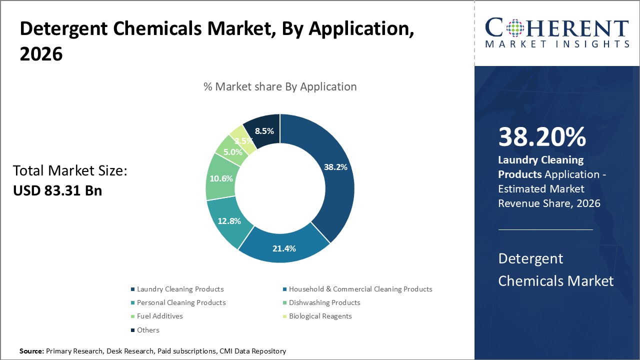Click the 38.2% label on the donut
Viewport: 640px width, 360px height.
[x=335, y=167]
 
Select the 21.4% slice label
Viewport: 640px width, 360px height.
[x=284, y=248]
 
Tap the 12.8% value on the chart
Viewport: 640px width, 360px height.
[x=229, y=220]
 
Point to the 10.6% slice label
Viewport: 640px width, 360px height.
[x=220, y=178]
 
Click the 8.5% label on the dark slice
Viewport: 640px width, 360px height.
[x=264, y=131]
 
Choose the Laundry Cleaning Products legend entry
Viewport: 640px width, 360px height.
[x=180, y=289]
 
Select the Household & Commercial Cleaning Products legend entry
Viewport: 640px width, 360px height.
[x=360, y=289]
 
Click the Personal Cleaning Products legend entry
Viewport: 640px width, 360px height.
[x=181, y=302]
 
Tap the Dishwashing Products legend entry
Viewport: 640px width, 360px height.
[x=324, y=302]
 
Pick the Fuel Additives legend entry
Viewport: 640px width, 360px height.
[x=159, y=316]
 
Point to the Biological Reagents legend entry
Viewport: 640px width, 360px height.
[x=320, y=316]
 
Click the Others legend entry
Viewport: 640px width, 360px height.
[x=148, y=330]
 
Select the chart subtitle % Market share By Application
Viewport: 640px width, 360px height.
[x=280, y=86]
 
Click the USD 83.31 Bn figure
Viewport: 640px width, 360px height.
[x=57, y=190]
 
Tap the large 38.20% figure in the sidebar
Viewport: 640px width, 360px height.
[x=542, y=137]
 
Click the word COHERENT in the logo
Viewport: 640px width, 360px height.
[x=557, y=28]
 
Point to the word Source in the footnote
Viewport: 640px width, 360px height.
[x=31, y=351]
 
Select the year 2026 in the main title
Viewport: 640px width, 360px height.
[x=41, y=54]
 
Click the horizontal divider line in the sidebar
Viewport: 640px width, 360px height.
[x=545, y=229]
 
